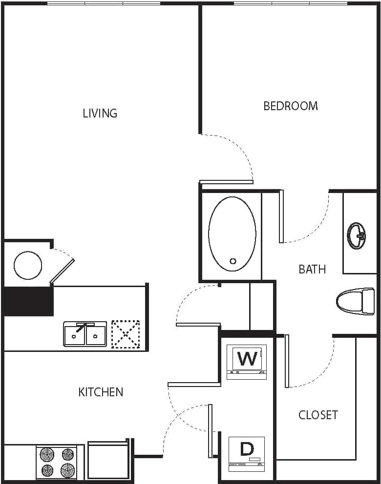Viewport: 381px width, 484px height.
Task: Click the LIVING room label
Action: (x=100, y=113)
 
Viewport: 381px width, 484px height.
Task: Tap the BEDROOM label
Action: (x=291, y=106)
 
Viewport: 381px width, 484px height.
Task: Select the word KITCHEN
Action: (x=101, y=392)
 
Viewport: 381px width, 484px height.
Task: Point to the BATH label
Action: (x=312, y=269)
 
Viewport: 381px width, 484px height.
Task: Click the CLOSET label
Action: (x=318, y=415)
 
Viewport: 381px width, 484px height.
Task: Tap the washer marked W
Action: (x=247, y=361)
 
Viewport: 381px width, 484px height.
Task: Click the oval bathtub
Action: (x=232, y=234)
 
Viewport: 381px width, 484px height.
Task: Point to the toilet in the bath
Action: (x=355, y=300)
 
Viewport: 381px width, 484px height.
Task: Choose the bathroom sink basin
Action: (x=357, y=235)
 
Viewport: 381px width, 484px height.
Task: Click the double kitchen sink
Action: (x=85, y=334)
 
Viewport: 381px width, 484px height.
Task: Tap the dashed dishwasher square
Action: (x=126, y=334)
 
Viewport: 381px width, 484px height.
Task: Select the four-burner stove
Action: (x=57, y=463)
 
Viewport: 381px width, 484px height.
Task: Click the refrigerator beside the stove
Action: (x=108, y=461)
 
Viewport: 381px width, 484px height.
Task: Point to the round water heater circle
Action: (x=28, y=265)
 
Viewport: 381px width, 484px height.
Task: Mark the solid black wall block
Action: (x=28, y=301)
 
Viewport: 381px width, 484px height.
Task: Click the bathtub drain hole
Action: (x=233, y=261)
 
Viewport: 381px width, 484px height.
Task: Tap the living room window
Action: (x=104, y=3)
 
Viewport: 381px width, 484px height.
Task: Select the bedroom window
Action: (x=290, y=3)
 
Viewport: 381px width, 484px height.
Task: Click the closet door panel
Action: (x=287, y=361)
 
